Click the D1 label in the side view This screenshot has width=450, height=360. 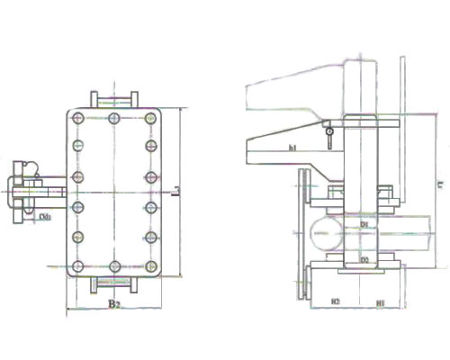click(x=365, y=221)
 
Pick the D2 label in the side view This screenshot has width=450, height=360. click(x=364, y=259)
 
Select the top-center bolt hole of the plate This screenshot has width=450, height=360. click(x=113, y=118)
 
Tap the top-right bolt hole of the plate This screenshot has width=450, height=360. click(x=148, y=118)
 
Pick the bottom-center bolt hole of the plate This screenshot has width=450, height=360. click(x=113, y=265)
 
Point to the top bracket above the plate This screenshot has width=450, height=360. click(x=113, y=98)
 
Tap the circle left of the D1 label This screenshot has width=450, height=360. click(x=321, y=235)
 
